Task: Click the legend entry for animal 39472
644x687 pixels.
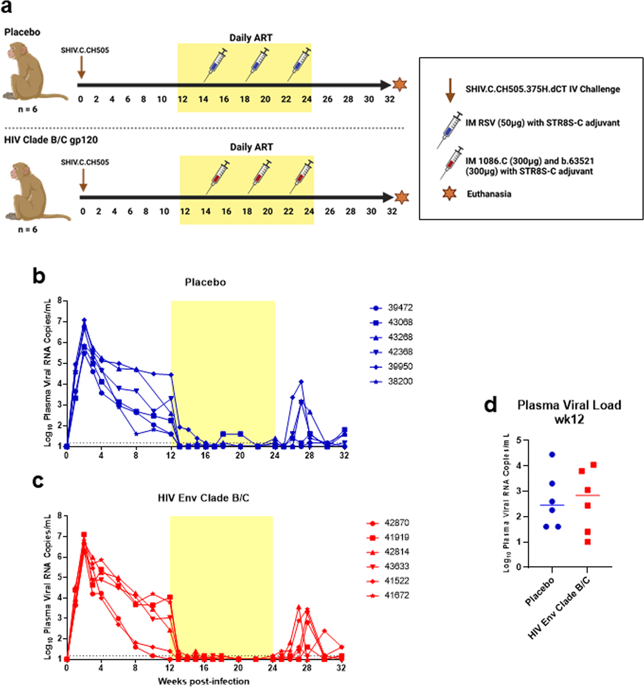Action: (x=391, y=308)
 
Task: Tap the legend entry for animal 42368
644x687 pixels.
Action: (x=391, y=352)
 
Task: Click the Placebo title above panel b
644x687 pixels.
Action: (x=205, y=282)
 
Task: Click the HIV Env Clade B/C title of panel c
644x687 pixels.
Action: (x=203, y=498)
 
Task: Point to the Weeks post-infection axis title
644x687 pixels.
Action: (x=203, y=681)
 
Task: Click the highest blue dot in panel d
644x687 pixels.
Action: (x=552, y=455)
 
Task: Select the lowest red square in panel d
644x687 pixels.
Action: (x=588, y=542)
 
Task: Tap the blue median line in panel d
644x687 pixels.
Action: (x=552, y=505)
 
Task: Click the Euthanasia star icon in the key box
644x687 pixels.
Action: (x=449, y=194)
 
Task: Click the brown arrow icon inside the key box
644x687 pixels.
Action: (x=450, y=90)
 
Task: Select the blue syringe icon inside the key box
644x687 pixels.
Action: (x=450, y=129)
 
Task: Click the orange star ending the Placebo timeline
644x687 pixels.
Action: (x=400, y=85)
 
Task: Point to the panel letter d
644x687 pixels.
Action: (x=490, y=405)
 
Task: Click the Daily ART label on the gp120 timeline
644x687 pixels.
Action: (x=251, y=147)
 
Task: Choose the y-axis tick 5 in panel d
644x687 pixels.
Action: (x=519, y=440)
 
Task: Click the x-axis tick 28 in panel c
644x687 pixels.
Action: (x=307, y=668)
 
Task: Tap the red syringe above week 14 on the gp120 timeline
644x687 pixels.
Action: (x=218, y=176)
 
